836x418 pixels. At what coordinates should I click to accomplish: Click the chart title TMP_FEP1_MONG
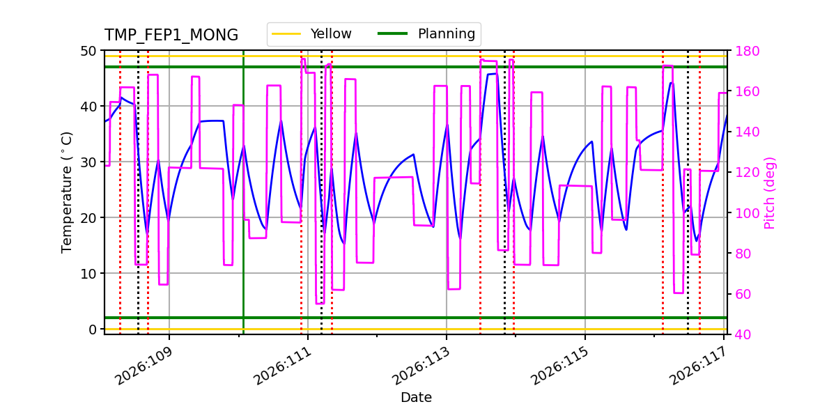171,36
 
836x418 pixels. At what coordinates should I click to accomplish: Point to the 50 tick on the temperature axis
89,51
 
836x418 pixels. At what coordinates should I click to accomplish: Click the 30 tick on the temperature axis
89,162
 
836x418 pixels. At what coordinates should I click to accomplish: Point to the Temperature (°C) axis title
67,192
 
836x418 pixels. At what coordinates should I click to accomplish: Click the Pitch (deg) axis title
769,192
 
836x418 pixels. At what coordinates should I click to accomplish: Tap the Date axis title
416,398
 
